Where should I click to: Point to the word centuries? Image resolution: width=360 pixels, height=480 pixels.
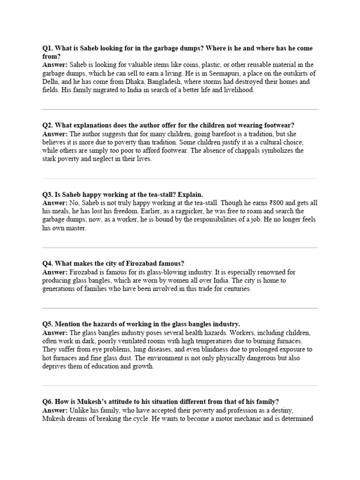pos(236,289)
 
